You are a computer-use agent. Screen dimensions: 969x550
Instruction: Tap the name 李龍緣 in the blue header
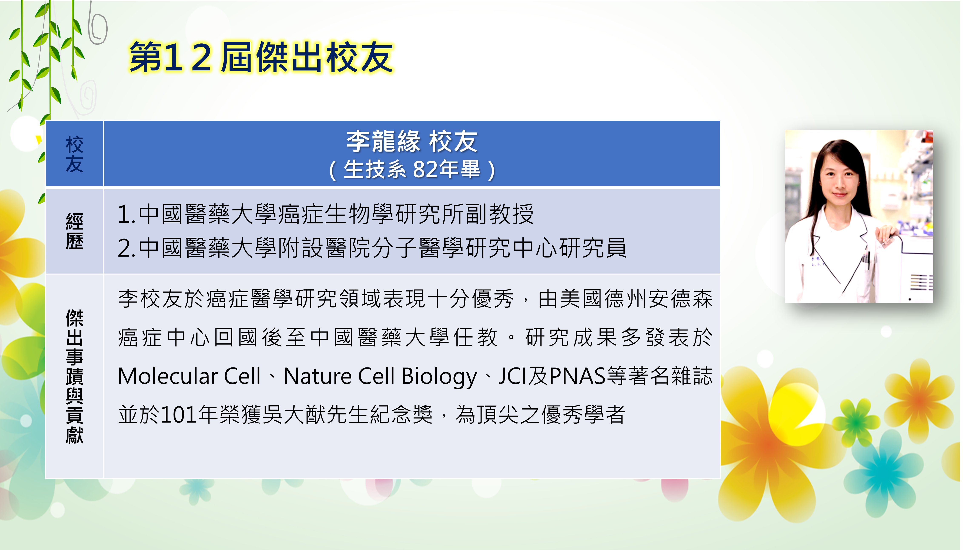(383, 141)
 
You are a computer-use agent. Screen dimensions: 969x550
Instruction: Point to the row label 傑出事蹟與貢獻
(74, 376)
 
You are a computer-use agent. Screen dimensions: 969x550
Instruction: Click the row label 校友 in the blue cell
(74, 154)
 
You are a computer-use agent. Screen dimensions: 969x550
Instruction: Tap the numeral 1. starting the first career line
(127, 214)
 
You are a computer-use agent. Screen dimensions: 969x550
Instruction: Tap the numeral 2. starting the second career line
(127, 248)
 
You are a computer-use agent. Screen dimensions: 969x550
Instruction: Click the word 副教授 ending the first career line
(512, 214)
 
